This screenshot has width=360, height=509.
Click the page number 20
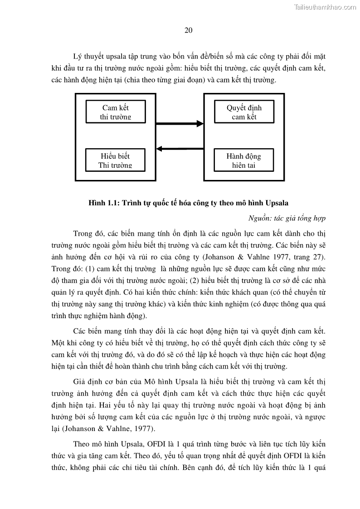[189, 30]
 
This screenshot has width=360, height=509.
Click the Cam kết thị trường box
[116, 112]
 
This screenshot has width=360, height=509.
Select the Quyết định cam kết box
[244, 112]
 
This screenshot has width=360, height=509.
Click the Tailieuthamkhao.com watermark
[325, 7]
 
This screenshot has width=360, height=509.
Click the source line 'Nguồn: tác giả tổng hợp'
[287, 218]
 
